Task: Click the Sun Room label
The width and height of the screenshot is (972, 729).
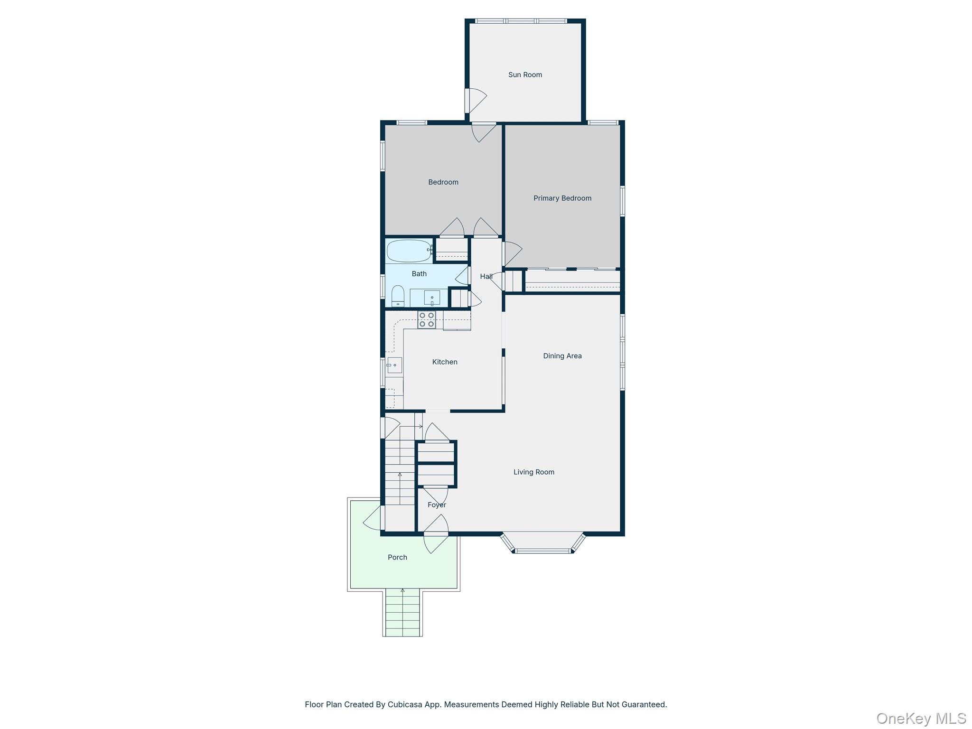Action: (525, 75)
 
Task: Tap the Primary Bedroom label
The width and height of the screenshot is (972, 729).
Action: (562, 198)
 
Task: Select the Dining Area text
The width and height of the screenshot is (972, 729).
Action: (562, 355)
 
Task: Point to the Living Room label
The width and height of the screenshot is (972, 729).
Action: (533, 472)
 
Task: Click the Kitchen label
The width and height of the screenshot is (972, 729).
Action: (444, 362)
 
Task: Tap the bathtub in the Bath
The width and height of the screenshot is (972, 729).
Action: (409, 251)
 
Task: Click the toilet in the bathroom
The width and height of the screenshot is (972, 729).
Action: (398, 296)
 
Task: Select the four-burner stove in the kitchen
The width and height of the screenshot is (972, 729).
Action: (426, 319)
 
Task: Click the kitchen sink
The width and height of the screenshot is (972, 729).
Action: (394, 365)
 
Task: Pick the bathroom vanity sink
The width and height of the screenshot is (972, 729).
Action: (431, 298)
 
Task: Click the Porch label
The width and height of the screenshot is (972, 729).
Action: (397, 557)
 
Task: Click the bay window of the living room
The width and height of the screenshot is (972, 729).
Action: (543, 546)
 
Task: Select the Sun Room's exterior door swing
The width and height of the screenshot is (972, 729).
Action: (476, 100)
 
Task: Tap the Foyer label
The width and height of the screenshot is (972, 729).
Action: (437, 505)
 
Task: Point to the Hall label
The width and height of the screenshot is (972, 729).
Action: (486, 276)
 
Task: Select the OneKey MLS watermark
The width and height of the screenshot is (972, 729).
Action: (921, 718)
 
